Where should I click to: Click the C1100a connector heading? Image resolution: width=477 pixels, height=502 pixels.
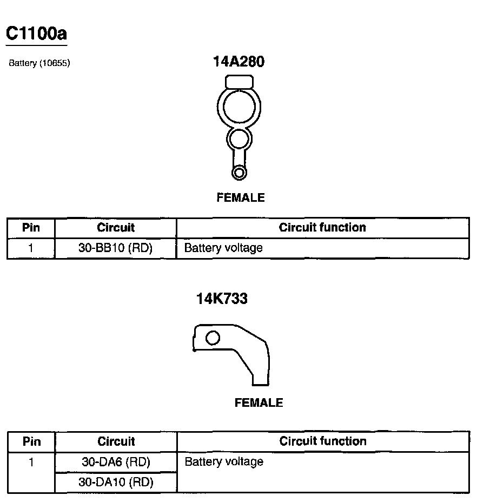pyautogui.click(x=36, y=34)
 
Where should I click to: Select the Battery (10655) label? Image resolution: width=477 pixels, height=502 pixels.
pyautogui.click(x=39, y=63)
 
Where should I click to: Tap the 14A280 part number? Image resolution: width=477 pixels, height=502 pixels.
pyautogui.click(x=239, y=62)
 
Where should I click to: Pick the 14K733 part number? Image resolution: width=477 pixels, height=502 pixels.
pyautogui.click(x=222, y=298)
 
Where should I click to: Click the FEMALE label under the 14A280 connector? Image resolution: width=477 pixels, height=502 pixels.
pyautogui.click(x=241, y=198)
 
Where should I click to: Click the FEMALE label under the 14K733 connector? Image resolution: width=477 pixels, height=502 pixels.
pyautogui.click(x=259, y=403)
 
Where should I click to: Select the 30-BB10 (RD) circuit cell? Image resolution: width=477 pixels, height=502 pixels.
pyautogui.click(x=116, y=248)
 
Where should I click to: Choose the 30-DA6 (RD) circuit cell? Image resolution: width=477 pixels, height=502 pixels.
pyautogui.click(x=116, y=462)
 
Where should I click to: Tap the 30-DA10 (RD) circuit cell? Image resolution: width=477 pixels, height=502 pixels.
pyautogui.click(x=116, y=482)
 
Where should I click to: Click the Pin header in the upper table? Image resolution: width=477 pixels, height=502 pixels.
pyautogui.click(x=31, y=227)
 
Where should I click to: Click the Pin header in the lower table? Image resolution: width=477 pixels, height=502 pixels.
pyautogui.click(x=31, y=441)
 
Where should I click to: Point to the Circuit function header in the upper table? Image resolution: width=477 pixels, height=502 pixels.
pyautogui.click(x=322, y=227)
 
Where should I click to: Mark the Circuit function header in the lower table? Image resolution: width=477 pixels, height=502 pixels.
pyautogui.click(x=323, y=441)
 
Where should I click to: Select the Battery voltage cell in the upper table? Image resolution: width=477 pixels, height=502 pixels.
pyautogui.click(x=223, y=248)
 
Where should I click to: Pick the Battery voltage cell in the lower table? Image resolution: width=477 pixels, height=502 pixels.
pyautogui.click(x=224, y=462)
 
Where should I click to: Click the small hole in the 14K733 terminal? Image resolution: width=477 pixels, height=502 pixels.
pyautogui.click(x=213, y=338)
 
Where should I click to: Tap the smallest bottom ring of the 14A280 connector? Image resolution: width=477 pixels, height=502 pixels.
pyautogui.click(x=238, y=173)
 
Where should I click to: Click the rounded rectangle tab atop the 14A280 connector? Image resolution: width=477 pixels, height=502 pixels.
pyautogui.click(x=239, y=82)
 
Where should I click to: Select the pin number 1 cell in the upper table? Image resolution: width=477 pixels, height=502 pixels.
pyautogui.click(x=31, y=248)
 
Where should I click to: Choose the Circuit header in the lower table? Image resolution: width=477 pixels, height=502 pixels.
pyautogui.click(x=116, y=441)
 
